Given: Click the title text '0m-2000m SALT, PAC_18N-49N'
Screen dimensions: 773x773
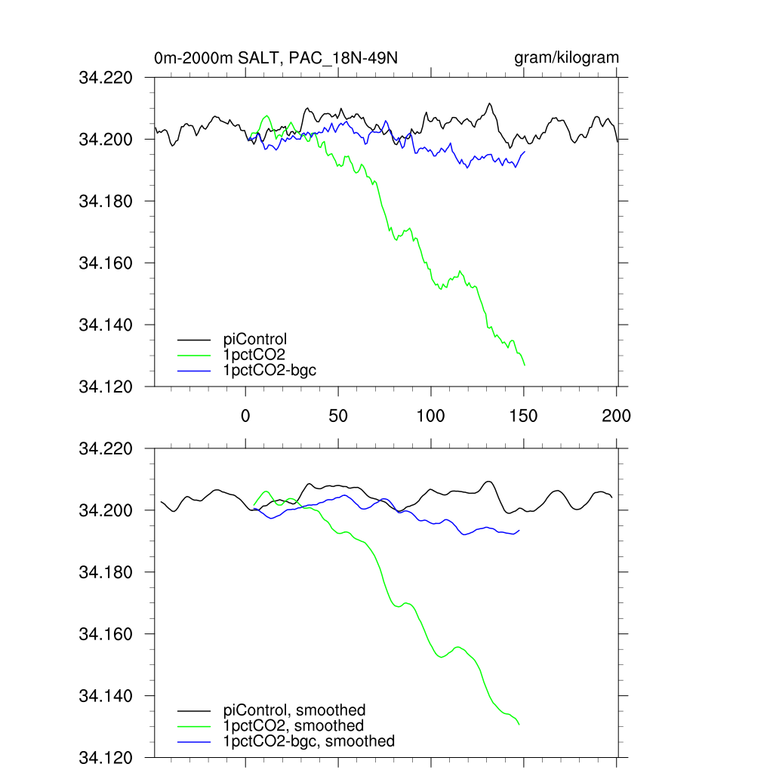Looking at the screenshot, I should (274, 58).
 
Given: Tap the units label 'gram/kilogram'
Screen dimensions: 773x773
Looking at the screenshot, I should (566, 58).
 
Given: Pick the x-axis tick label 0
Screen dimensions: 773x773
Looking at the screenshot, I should (245, 415).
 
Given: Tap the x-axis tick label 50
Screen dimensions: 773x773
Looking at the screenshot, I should (338, 415).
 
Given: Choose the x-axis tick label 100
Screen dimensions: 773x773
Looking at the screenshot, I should (430, 415).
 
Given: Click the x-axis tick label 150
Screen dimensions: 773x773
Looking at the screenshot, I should (523, 415).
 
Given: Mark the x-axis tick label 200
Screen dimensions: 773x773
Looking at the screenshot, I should (616, 415).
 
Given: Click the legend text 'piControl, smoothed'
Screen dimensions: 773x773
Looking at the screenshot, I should (294, 710).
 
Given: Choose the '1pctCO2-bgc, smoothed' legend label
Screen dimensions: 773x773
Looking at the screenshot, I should (309, 741).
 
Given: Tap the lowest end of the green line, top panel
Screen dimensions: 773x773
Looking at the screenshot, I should (524, 365).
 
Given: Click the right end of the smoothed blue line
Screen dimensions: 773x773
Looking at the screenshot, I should (519, 530).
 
